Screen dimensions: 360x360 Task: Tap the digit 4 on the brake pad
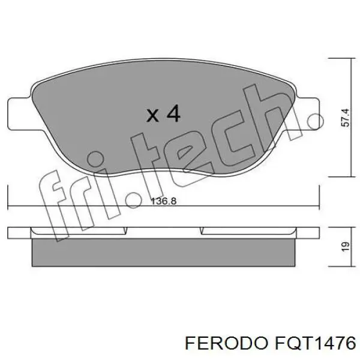coord(173,113)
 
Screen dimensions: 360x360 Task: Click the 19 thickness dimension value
coord(344,245)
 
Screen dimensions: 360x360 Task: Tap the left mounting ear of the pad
coord(18,114)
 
